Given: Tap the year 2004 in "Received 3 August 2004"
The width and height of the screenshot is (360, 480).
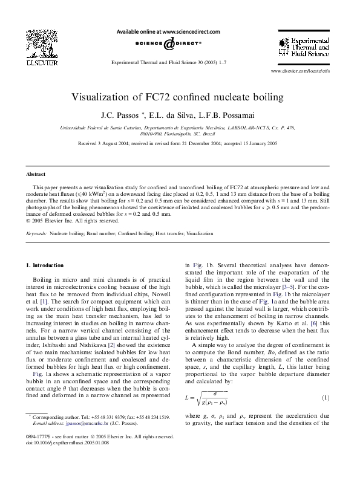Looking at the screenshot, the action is coord(135,144).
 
